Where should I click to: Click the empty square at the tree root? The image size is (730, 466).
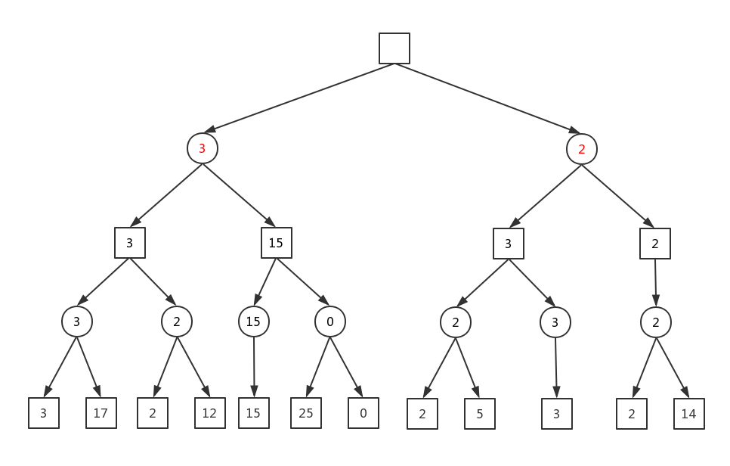point(394,48)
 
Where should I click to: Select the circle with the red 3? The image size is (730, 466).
point(203,148)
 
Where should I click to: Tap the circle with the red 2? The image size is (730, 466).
point(582,148)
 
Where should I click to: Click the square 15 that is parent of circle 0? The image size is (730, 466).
point(277,243)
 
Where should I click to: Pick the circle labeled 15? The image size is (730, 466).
point(253,322)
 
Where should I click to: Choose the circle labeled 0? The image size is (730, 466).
point(330,322)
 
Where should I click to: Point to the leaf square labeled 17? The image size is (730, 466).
point(101,413)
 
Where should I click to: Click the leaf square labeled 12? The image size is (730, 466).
point(210,413)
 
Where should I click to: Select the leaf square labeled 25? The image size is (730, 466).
point(306,413)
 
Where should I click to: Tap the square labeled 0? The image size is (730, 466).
point(363,413)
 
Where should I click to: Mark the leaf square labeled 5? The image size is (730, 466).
point(480,414)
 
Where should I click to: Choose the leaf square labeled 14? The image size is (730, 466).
point(689,414)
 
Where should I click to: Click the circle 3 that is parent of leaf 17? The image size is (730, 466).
point(77,322)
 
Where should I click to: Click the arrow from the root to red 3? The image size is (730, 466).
point(299,98)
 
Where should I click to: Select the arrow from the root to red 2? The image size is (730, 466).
point(488,98)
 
